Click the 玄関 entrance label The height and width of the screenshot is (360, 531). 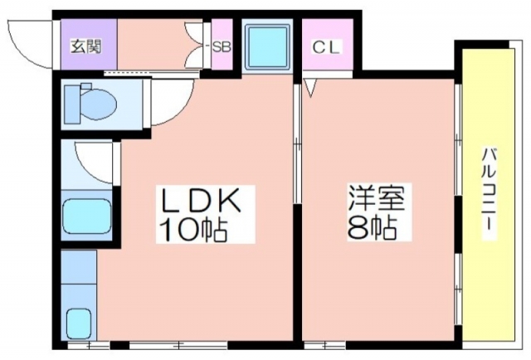click(80, 46)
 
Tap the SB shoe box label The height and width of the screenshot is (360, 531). click(222, 46)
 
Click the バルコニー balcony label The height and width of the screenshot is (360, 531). click(490, 192)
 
